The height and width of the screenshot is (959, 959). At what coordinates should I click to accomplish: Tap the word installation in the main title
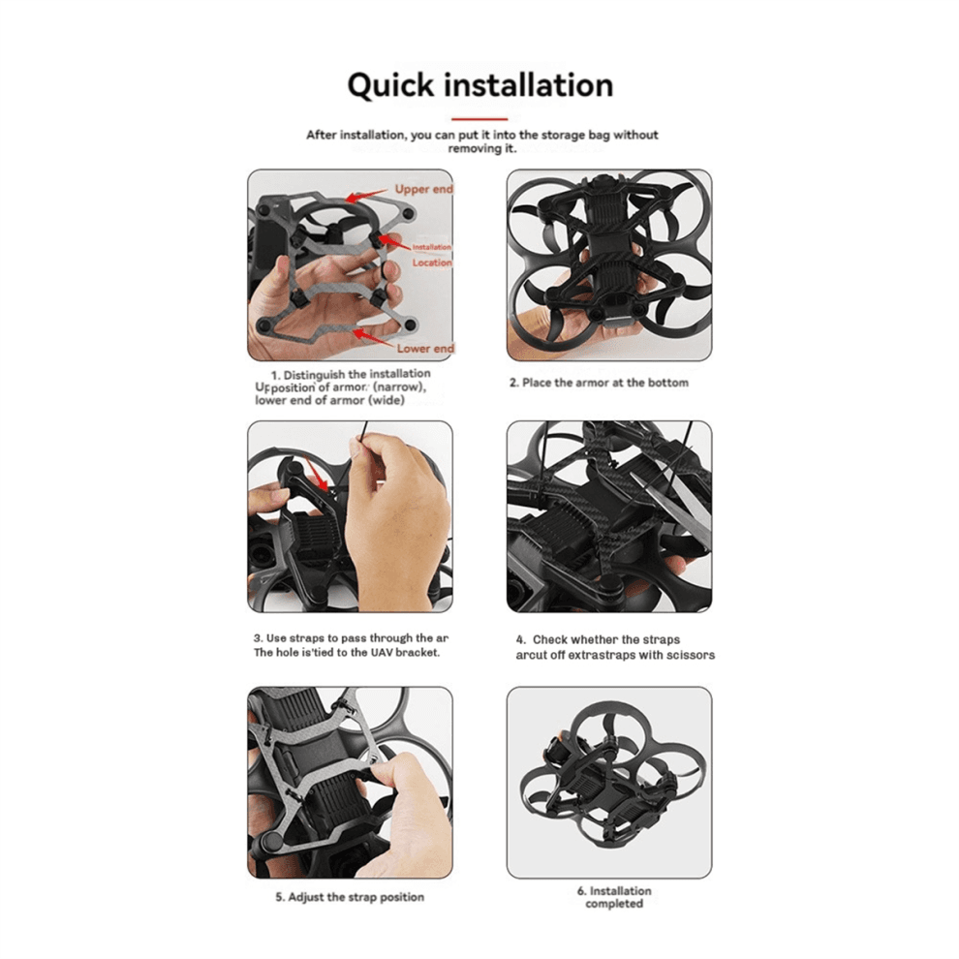(528, 85)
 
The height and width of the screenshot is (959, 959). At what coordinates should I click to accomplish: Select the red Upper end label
(423, 190)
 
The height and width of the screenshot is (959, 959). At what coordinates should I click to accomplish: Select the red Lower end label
(425, 348)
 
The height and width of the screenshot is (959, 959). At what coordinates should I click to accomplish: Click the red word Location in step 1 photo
(432, 263)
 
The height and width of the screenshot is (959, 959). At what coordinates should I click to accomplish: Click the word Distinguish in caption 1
(316, 374)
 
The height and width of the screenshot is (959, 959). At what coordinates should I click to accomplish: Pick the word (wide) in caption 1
(386, 401)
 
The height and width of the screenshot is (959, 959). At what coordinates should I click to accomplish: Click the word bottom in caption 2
(667, 383)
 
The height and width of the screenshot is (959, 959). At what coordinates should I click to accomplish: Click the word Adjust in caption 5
(309, 897)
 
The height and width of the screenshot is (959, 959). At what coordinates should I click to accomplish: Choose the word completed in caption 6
(614, 904)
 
